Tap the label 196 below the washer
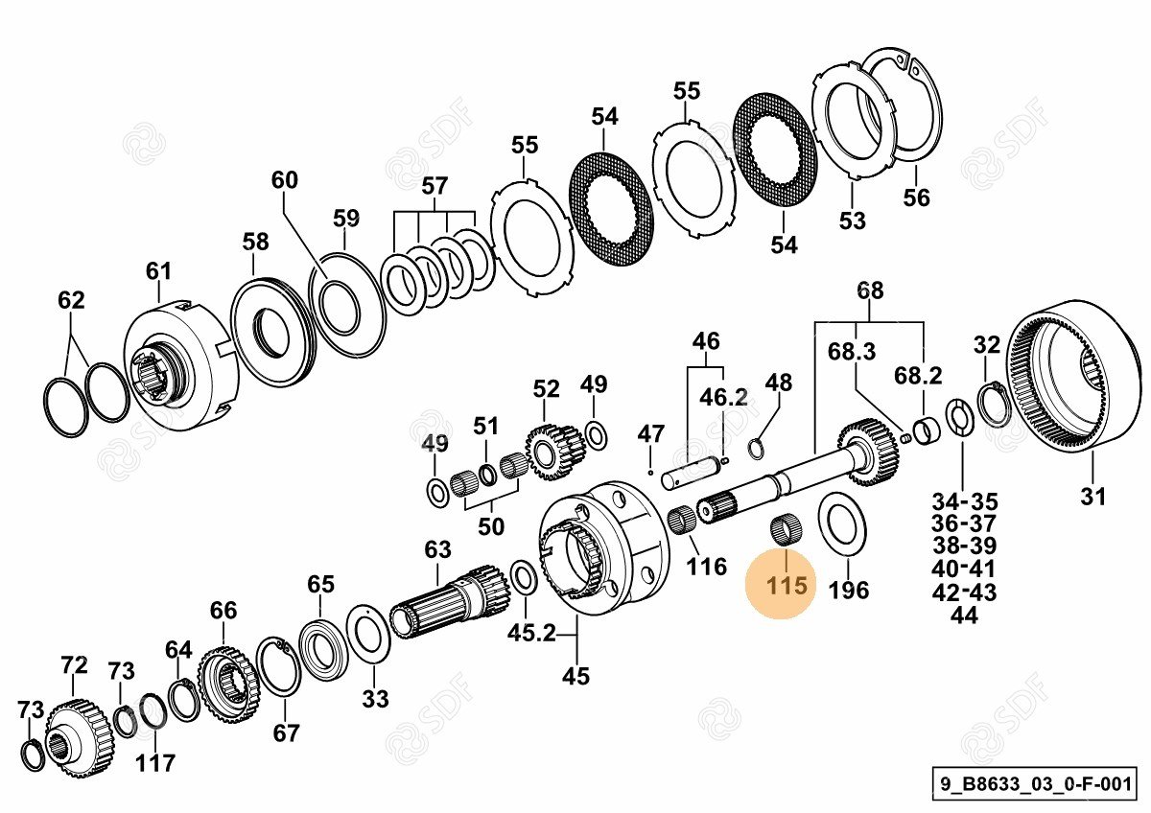[x=848, y=589]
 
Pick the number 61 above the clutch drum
[x=158, y=271]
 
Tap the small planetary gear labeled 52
[x=554, y=451]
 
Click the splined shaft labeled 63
[x=451, y=604]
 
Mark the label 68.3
[x=852, y=352]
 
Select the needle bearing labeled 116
[x=682, y=521]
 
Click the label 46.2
[x=723, y=397]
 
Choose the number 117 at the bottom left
[x=154, y=763]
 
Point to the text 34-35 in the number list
[x=964, y=501]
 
